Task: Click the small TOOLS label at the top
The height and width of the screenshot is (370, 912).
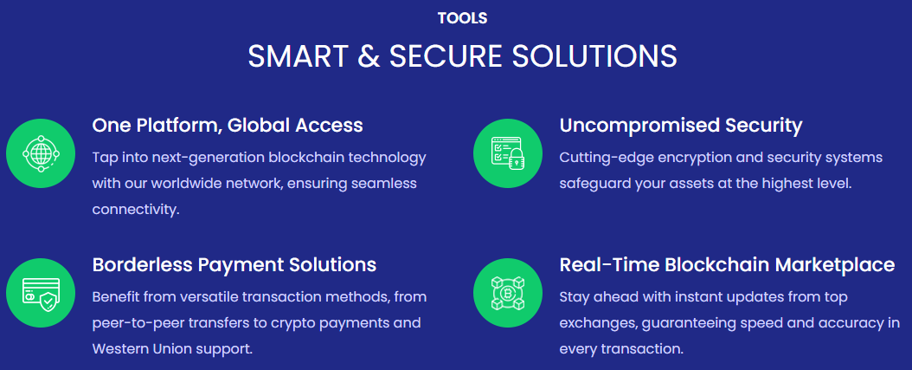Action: click(462, 18)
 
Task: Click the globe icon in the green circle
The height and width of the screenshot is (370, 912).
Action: click(41, 153)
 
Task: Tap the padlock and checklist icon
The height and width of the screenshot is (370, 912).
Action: click(508, 153)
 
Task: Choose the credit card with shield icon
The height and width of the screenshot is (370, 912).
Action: click(41, 293)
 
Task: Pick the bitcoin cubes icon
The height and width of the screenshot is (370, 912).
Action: click(508, 293)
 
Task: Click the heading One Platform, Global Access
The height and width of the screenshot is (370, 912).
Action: click(228, 126)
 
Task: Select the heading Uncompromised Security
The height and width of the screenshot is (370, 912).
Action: click(681, 126)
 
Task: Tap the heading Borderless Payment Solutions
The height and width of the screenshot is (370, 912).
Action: click(234, 265)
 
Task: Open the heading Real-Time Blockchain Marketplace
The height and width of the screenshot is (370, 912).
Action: click(727, 265)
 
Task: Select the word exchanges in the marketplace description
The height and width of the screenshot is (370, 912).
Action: click(594, 323)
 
